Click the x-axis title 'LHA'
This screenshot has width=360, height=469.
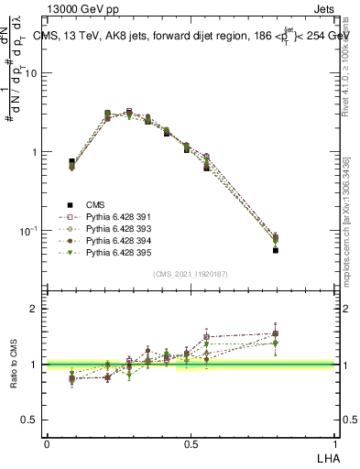(325, 455)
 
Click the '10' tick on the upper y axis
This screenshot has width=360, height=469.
(32, 73)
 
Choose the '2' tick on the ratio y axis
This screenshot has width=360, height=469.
(36, 309)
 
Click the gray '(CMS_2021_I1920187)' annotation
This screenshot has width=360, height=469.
(191, 272)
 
